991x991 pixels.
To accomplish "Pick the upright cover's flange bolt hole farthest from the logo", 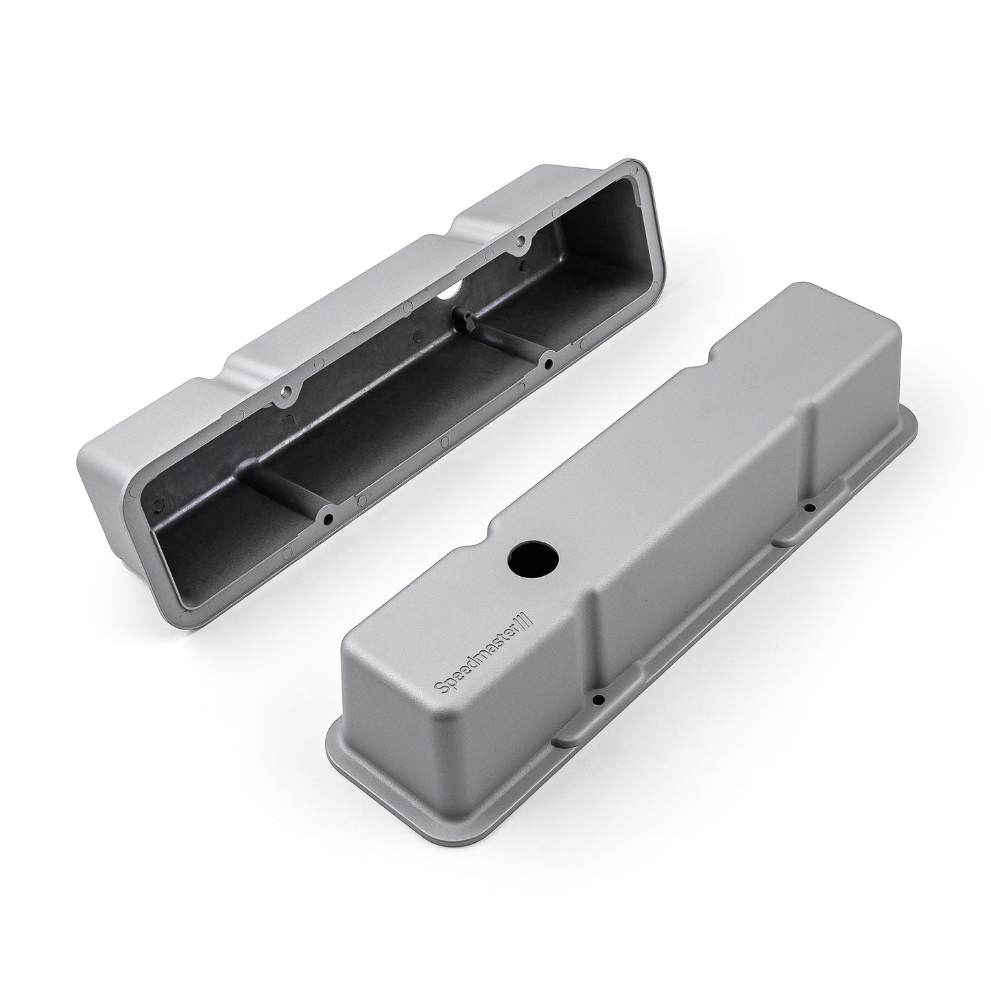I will [810, 508].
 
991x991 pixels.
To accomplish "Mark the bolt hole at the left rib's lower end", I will [329, 516].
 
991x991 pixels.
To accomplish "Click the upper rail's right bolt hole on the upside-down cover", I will [523, 241].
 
